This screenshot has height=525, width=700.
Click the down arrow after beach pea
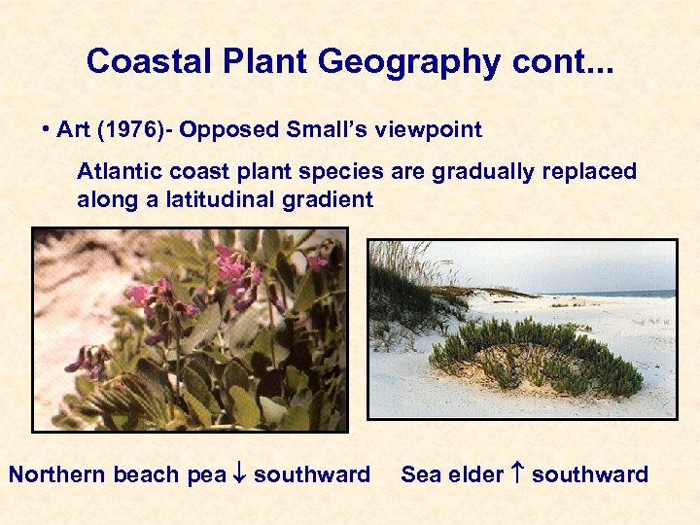pyautogui.click(x=239, y=474)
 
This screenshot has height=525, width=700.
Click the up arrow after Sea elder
pyautogui.click(x=518, y=474)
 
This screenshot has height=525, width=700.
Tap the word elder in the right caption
pyautogui.click(x=477, y=474)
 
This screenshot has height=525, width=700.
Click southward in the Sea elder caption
pyautogui.click(x=590, y=474)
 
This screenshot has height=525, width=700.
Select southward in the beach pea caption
pyautogui.click(x=311, y=474)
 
